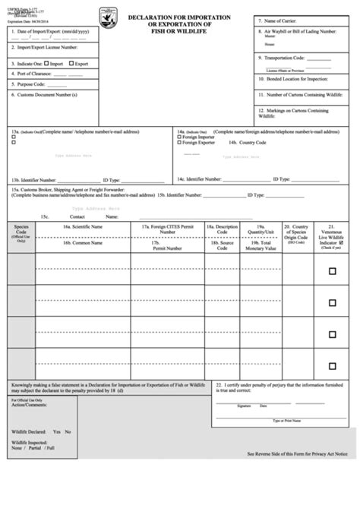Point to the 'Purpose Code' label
(x=30, y=84)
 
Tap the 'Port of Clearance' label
(x=34, y=75)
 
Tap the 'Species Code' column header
(x=21, y=229)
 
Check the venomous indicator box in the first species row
(x=332, y=270)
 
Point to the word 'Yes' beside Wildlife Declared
(x=55, y=432)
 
